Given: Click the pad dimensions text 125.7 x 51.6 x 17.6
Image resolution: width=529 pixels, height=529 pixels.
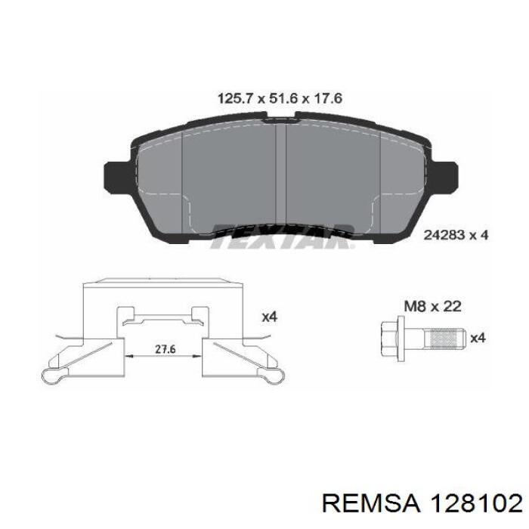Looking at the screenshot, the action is point(280,98).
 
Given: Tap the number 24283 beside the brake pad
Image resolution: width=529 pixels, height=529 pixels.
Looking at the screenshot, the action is point(439,235).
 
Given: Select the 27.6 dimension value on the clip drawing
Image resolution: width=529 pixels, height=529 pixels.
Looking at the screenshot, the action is point(166,349).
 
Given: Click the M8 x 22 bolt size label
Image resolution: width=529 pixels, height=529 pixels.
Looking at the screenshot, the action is point(432,307).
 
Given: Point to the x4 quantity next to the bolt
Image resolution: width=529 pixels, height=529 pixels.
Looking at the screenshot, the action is point(478,337).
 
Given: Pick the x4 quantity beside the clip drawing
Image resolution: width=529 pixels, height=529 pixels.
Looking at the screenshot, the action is point(269,317).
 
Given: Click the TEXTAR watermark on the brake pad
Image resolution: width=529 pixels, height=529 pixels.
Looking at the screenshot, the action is point(283,236).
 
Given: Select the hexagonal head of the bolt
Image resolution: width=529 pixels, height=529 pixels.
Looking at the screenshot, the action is point(389,339).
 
